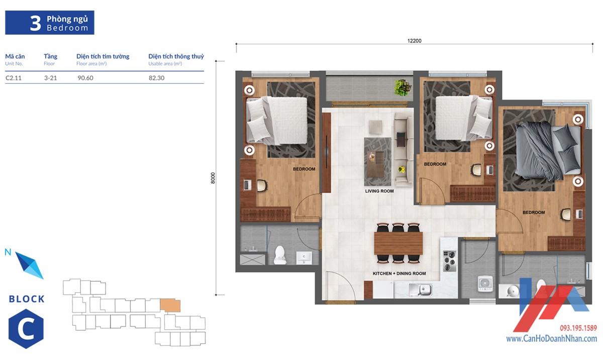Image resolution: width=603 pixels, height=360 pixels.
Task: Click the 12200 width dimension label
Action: coord(414,41)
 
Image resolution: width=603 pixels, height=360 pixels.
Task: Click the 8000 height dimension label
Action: coord(213,178)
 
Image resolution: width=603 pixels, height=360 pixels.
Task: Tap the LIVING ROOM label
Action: coord(379,191)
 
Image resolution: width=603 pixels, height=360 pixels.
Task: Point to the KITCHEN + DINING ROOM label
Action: coord(399,273)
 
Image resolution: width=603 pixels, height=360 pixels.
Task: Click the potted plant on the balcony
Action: coord(403,87)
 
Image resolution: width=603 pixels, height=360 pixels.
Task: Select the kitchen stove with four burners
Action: coord(450,261)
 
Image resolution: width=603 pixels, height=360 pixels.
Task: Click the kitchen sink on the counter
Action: coord(421,290)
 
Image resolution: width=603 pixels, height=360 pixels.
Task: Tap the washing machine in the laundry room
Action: coord(485,284)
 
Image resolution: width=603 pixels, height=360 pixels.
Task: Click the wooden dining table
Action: coord(398,244)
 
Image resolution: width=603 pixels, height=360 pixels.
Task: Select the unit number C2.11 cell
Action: coord(14,78)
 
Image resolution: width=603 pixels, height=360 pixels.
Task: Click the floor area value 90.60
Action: coord(85,78)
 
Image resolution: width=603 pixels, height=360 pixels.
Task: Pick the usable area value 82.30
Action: coord(156,78)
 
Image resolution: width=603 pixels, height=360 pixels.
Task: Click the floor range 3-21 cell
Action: coord(51,78)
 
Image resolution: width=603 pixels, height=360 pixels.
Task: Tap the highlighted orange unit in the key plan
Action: coord(170,305)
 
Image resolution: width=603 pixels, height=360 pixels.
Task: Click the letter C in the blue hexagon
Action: coord(26,329)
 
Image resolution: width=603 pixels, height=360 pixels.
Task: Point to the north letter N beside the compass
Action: coord(8,252)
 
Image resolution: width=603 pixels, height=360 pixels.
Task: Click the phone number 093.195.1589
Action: coord(578,328)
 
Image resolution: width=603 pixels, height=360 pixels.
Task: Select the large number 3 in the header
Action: coord(35,23)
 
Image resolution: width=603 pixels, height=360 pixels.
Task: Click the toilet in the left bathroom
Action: coord(280,255)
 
